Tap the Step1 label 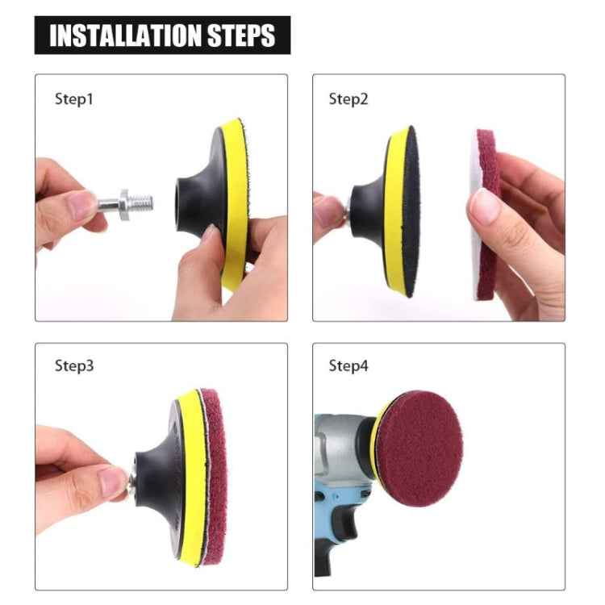(74, 99)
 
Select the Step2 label (348, 99)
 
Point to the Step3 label (74, 365)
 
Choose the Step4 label (348, 365)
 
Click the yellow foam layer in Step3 (190, 476)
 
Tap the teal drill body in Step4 (339, 484)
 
